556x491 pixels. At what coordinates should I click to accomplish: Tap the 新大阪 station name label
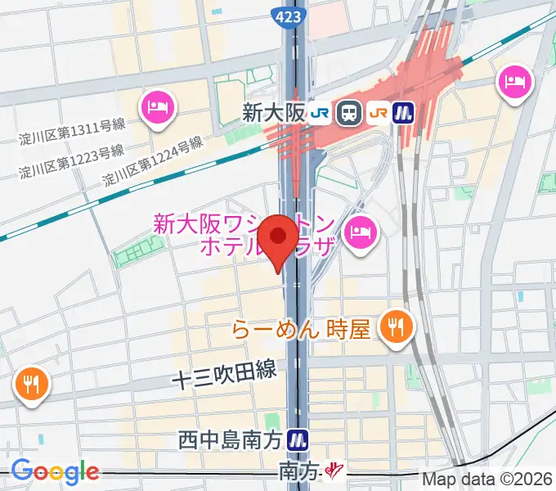272,113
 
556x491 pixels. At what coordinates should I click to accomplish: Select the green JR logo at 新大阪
320,112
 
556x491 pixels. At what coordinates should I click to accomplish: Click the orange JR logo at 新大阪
379,112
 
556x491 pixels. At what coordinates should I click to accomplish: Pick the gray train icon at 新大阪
349,112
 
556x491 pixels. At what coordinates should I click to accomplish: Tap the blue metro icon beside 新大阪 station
404,112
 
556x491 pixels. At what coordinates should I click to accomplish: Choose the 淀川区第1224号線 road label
152,161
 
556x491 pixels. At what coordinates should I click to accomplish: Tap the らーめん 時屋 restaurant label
302,330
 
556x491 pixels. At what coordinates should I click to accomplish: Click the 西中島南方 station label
231,440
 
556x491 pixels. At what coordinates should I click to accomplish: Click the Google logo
55,471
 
